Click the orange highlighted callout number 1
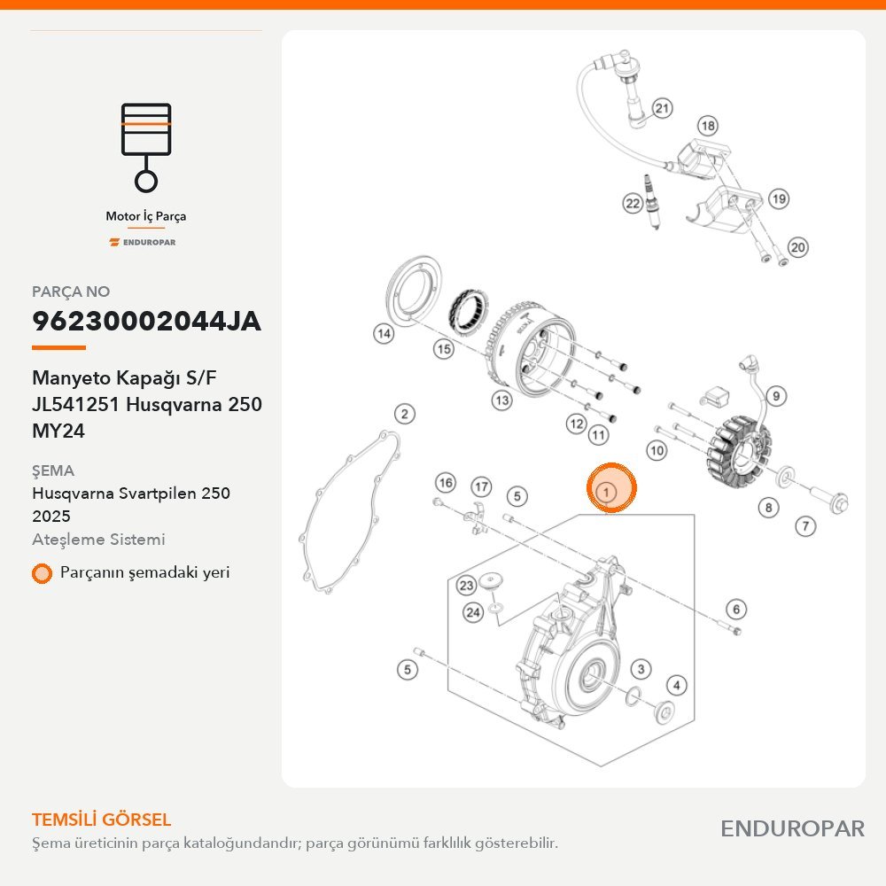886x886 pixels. point(611,489)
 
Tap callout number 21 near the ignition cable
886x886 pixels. point(662,108)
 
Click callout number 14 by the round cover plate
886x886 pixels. point(384,333)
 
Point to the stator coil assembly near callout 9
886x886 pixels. point(739,454)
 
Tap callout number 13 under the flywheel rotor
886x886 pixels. point(501,400)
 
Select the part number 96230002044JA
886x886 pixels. point(146,321)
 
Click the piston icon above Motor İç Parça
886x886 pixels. point(146,147)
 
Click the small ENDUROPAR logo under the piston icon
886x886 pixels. point(143,243)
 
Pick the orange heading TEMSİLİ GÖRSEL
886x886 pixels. point(102,820)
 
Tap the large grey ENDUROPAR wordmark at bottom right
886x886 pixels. point(792,829)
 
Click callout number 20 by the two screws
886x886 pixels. point(798,247)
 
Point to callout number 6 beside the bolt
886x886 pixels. point(735,610)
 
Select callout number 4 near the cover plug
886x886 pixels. point(677,686)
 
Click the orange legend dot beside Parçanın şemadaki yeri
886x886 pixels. point(42,573)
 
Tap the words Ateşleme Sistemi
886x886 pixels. point(98,540)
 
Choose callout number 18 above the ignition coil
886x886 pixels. point(707,126)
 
